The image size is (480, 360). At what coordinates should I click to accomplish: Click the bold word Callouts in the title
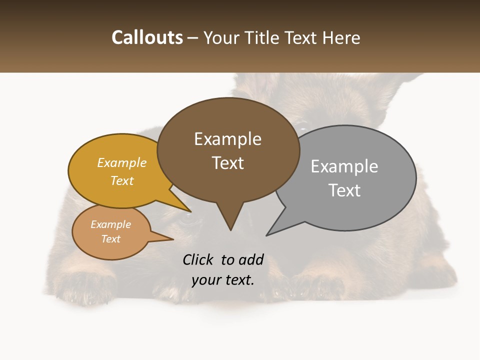(147, 37)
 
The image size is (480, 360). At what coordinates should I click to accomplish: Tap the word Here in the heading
(341, 37)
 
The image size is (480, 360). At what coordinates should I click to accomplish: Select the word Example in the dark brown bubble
(227, 139)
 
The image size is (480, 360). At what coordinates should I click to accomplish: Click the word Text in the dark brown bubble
(227, 163)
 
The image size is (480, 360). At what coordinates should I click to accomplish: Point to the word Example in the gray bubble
(344, 166)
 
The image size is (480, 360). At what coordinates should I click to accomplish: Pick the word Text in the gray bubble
(344, 190)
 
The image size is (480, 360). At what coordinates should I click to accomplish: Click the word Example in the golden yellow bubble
(122, 163)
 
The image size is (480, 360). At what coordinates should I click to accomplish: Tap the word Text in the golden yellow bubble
(122, 181)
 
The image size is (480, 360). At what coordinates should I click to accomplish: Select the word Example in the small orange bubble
(110, 224)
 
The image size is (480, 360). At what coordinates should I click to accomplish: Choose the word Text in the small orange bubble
(110, 239)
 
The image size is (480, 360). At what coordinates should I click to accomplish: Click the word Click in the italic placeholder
(198, 259)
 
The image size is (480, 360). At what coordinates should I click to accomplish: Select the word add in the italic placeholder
(251, 259)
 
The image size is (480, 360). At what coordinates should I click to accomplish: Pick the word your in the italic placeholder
(205, 280)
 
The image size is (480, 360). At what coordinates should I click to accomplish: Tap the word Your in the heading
(220, 37)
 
